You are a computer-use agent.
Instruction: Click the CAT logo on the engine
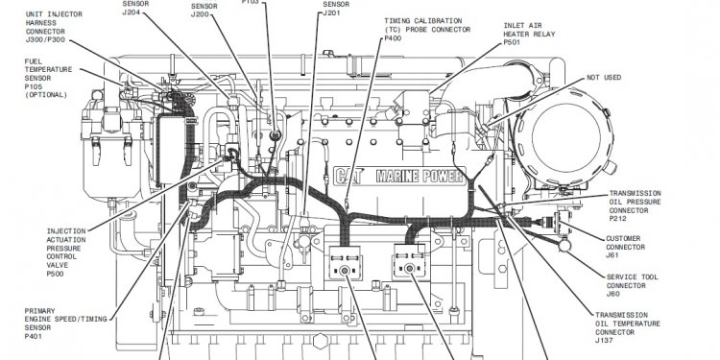point(352,176)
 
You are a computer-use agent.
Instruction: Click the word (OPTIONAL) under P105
point(49,93)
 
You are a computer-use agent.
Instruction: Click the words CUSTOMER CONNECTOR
point(629,242)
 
